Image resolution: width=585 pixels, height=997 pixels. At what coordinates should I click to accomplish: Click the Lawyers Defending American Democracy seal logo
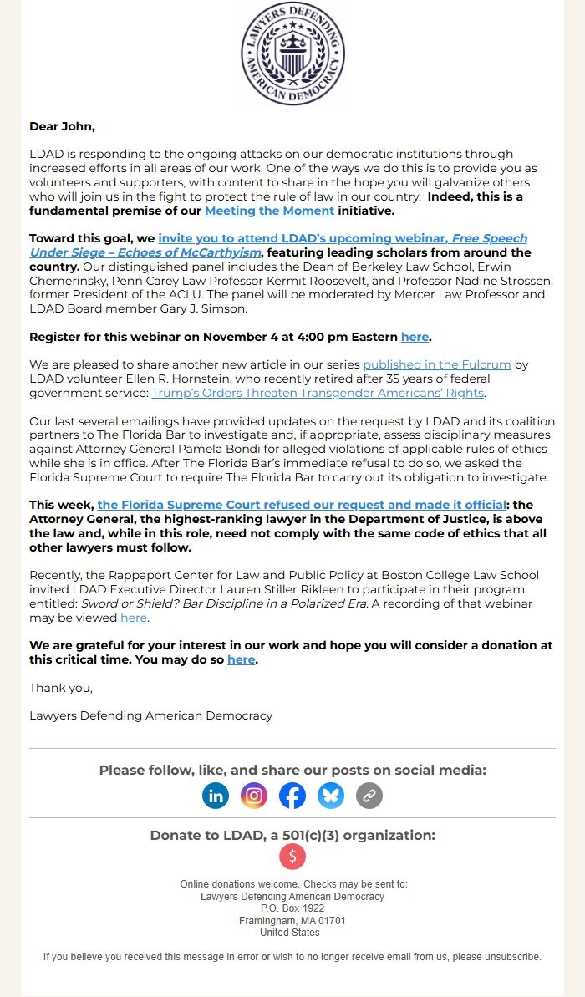(292, 53)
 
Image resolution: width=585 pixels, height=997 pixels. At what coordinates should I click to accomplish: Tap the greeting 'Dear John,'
(62, 126)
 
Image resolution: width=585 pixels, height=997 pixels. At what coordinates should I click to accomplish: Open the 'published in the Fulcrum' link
(435, 364)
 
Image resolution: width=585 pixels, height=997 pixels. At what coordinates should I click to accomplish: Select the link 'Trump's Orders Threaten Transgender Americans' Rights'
(318, 393)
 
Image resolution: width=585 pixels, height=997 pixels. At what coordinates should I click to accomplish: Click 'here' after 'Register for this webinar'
(415, 337)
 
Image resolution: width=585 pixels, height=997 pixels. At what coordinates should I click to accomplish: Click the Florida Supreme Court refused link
(302, 505)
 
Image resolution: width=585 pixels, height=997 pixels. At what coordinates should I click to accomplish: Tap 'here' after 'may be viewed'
(134, 618)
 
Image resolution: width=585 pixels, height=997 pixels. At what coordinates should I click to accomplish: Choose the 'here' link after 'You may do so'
(241, 659)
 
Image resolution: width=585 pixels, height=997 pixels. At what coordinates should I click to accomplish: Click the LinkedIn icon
(216, 796)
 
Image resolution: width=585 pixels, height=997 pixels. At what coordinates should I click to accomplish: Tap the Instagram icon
(254, 796)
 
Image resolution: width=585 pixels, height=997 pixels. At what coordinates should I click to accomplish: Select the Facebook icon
(292, 796)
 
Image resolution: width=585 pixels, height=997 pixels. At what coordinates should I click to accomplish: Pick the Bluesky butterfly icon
(331, 796)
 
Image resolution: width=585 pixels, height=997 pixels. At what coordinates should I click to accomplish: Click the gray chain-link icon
(369, 796)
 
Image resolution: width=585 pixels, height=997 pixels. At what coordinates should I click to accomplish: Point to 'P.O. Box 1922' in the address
(292, 908)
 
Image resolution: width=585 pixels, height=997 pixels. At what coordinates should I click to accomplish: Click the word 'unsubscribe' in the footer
(512, 957)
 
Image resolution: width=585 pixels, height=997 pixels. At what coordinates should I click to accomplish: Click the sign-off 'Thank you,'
(61, 688)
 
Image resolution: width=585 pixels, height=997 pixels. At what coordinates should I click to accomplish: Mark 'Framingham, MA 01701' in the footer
(292, 920)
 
